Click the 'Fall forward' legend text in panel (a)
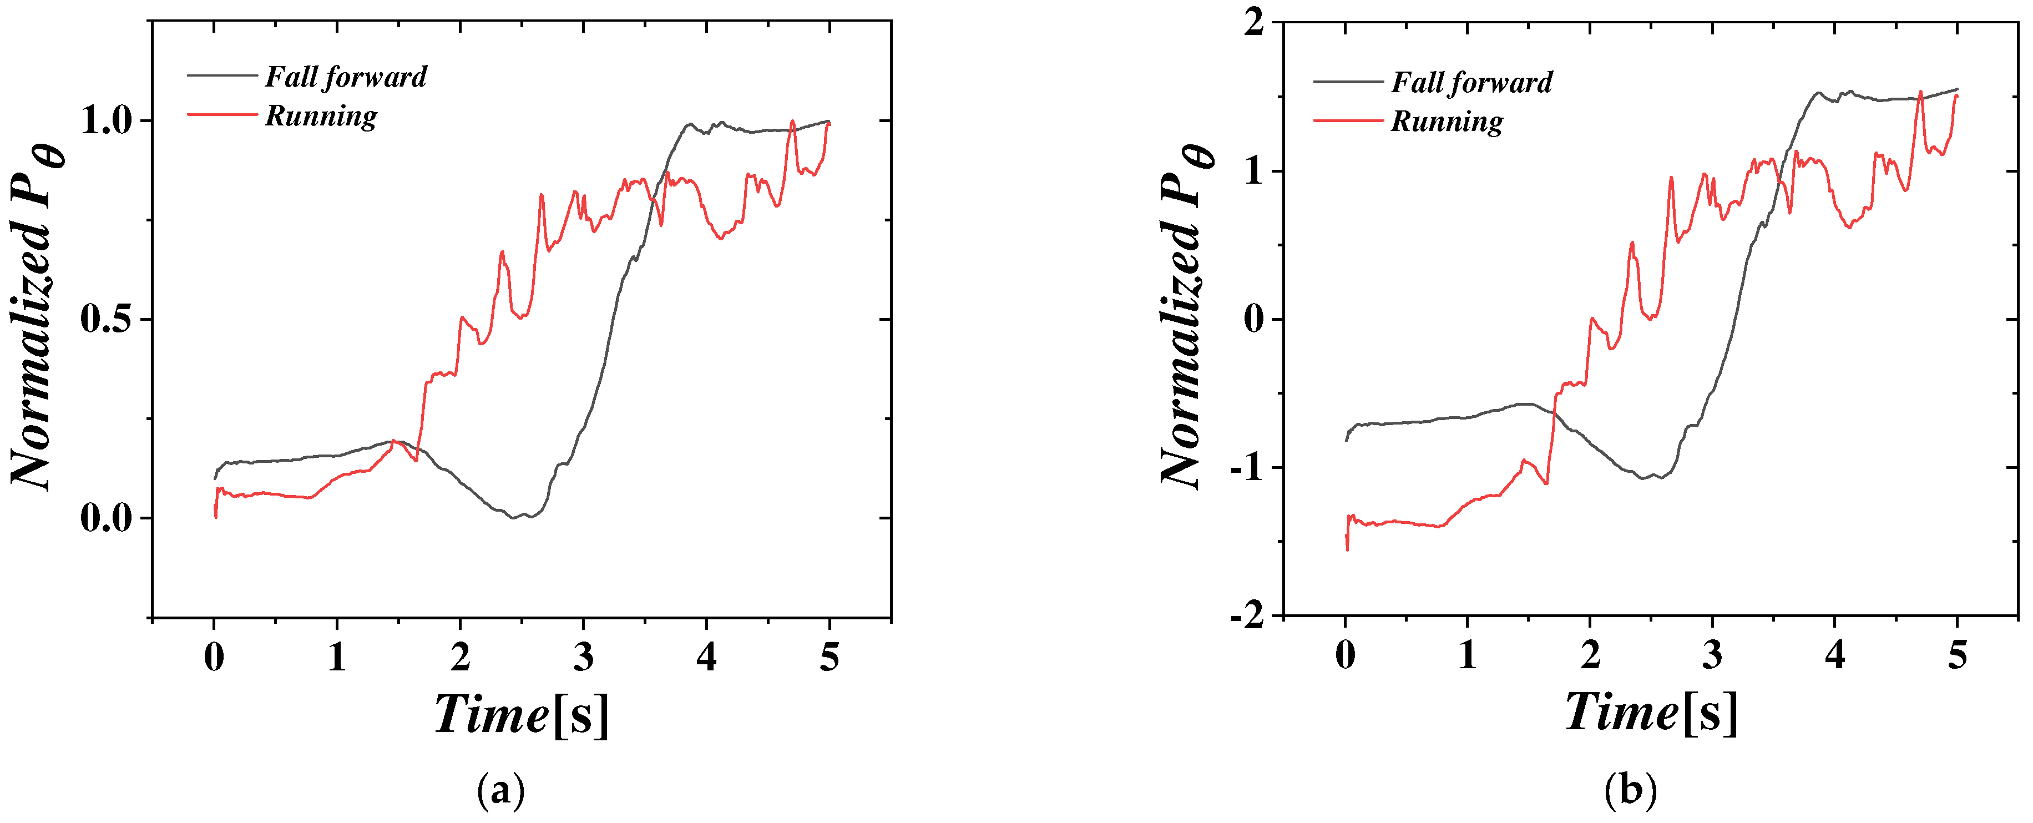point(346,77)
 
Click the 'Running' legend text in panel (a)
point(320,116)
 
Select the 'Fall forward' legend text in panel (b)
point(1472,83)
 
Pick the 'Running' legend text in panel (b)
point(1447,122)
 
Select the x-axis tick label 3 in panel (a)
point(583,657)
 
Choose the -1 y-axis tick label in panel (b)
point(1247,467)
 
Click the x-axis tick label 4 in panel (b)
point(1835,655)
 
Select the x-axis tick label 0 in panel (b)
point(1346,655)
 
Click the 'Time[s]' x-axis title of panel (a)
point(522,715)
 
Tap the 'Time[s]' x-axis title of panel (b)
point(1651,713)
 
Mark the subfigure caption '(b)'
point(1631,790)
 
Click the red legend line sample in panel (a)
point(222,114)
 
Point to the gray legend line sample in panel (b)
point(1348,81)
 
